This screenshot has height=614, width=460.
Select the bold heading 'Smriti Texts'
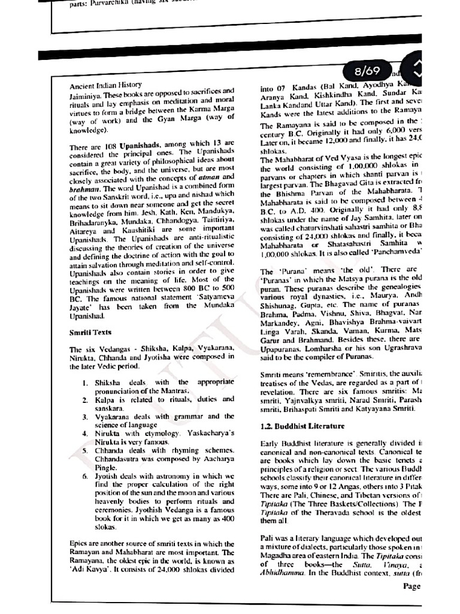click(90, 332)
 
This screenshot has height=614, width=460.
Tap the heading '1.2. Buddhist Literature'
click(302, 426)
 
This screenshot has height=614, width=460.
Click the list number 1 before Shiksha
click(85, 382)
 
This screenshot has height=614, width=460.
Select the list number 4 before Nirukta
click(85, 432)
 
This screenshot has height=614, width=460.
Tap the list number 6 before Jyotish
click(85, 474)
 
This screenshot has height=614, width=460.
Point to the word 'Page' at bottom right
click(411, 586)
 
